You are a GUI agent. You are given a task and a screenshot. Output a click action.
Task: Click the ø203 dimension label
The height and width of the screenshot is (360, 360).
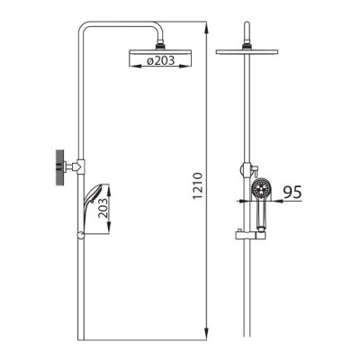coord(160,60)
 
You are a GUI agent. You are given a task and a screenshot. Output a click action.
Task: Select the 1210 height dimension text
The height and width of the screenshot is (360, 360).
coord(198,185)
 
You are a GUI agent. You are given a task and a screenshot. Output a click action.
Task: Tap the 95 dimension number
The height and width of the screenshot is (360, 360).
coord(292,192)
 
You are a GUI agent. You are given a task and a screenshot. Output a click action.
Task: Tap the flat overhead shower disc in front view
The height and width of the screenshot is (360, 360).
coord(247,51)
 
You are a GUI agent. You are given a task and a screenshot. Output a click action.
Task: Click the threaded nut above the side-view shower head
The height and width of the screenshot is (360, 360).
coord(160,46)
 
